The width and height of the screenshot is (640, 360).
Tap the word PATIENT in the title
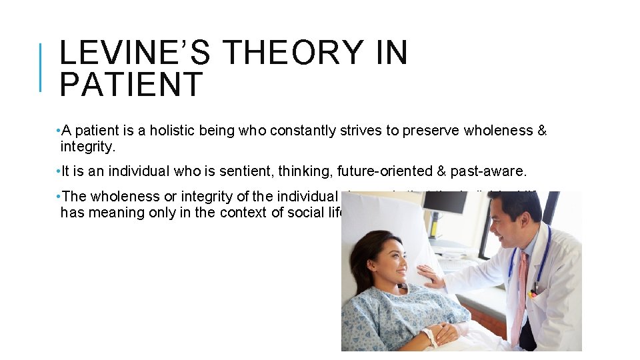(x=131, y=85)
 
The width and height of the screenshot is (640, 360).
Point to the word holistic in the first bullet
(x=173, y=131)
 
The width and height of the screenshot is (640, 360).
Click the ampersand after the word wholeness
(x=541, y=131)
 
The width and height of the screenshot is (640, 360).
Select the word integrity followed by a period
(x=87, y=145)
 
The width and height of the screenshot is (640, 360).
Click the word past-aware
(x=494, y=171)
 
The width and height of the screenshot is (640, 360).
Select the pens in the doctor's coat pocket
(x=534, y=291)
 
